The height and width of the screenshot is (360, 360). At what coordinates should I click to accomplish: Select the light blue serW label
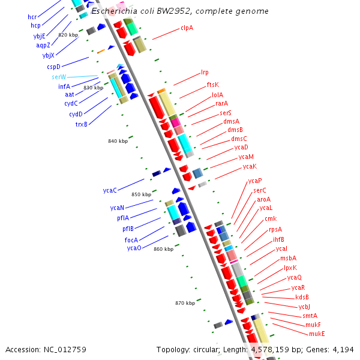pos(59,77)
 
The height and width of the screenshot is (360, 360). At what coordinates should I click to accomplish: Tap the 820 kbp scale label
pos(68,35)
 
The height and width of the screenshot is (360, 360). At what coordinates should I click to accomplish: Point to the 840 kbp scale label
pos(118,141)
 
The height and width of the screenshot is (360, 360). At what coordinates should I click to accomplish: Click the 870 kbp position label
pos(185,303)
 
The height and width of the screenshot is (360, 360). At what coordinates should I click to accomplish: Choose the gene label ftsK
pos(213,85)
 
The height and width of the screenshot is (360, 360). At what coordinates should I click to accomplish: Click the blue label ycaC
pos(109,190)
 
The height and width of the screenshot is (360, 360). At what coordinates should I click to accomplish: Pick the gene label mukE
pos(317,333)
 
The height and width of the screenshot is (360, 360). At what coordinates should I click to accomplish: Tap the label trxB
pos(81,124)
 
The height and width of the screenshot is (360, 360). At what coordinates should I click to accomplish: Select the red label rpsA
pos(275,229)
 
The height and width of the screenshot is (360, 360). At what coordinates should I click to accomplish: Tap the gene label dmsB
pos(235,130)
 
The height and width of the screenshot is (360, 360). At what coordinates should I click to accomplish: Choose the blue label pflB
pos(128,229)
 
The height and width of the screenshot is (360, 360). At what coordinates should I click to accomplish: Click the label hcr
pos(32,17)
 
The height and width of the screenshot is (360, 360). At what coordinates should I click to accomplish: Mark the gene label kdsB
pos(302,297)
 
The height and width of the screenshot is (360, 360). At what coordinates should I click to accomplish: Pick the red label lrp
pos(205,73)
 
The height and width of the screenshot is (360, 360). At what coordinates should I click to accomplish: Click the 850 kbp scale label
pos(142,194)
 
